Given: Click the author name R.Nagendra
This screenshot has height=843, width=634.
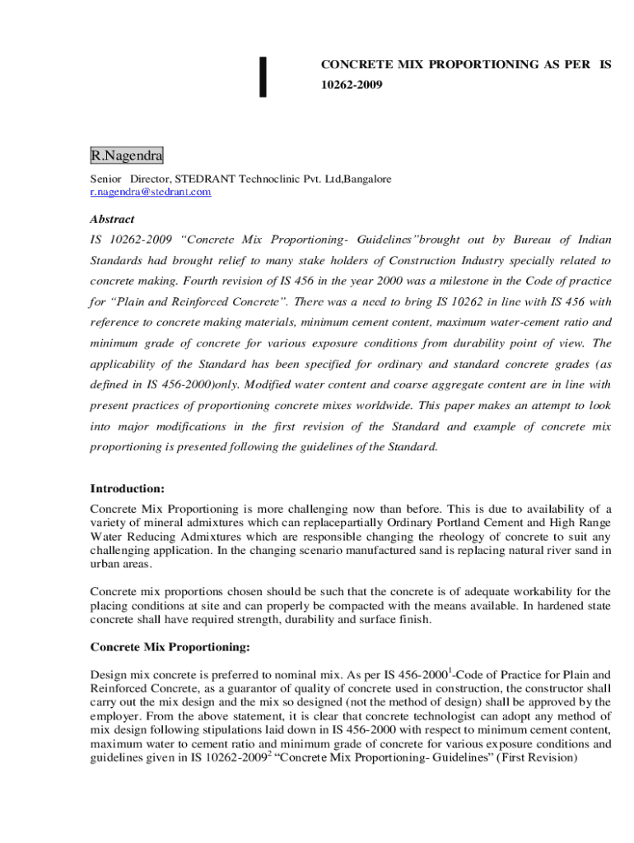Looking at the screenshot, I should pyautogui.click(x=126, y=155).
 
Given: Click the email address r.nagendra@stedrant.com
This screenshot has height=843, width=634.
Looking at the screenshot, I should pyautogui.click(x=151, y=192).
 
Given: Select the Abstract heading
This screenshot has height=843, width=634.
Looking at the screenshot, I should pyautogui.click(x=112, y=220).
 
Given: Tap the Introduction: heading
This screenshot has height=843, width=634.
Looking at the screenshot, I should pyautogui.click(x=128, y=488).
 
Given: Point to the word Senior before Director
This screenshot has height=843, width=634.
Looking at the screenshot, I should pyautogui.click(x=105, y=179).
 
